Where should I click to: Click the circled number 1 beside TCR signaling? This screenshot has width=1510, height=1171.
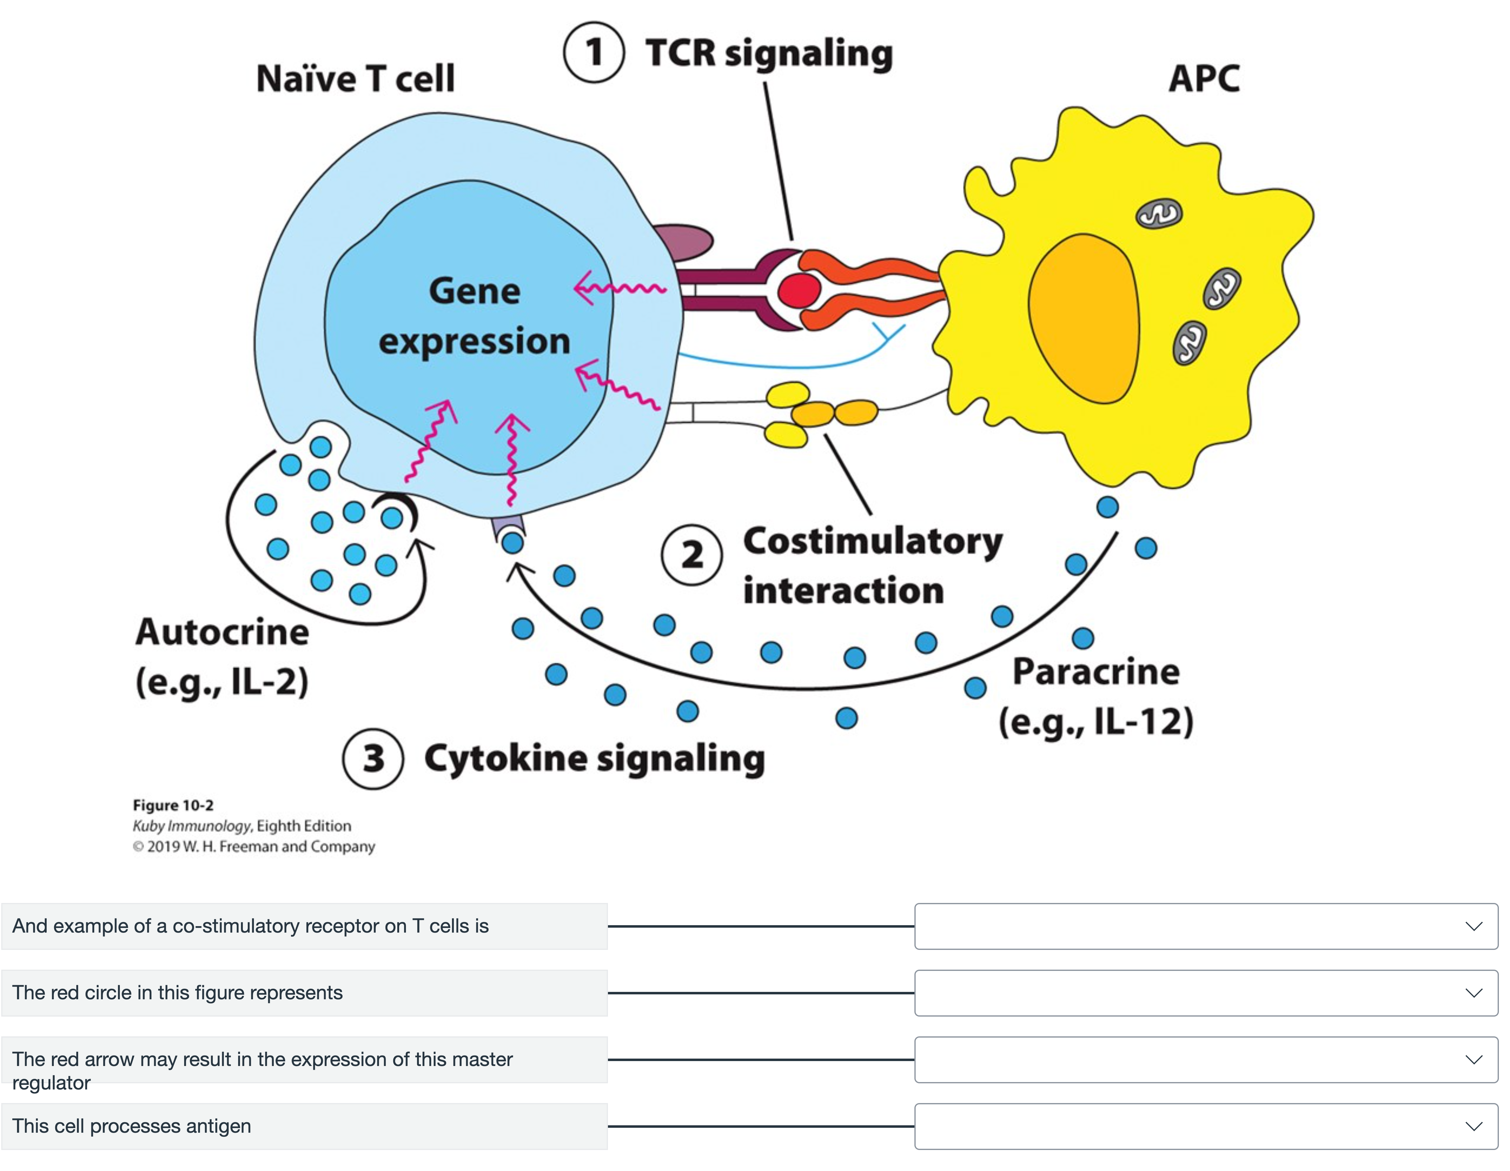tap(594, 52)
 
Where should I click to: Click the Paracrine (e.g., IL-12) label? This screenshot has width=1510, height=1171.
tap(1096, 697)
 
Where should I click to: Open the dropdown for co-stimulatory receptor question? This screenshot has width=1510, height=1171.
tap(1206, 926)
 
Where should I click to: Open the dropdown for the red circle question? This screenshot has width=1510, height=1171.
tap(1206, 993)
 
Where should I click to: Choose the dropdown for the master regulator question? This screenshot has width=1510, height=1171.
tap(1206, 1060)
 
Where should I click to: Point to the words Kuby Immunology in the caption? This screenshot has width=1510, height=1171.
tap(192, 826)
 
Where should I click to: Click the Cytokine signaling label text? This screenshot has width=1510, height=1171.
tap(595, 758)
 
